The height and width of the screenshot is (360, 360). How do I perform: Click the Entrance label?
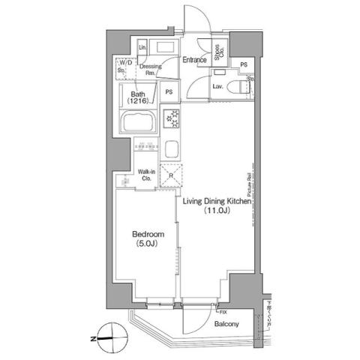(x=194, y=59)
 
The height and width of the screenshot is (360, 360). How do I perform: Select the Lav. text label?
(x=218, y=87)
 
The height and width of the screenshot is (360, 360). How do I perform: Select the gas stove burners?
(x=172, y=118)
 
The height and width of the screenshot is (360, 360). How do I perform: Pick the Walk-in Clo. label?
(x=145, y=176)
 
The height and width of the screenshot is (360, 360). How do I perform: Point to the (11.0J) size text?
(x=214, y=211)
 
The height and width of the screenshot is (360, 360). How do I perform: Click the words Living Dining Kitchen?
(x=217, y=201)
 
